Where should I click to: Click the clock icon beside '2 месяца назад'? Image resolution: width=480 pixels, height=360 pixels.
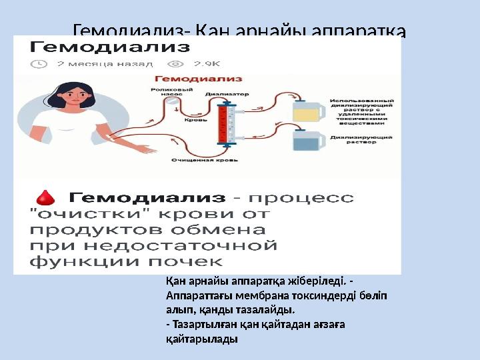point(41,64)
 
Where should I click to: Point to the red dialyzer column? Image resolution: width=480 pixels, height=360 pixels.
point(223,123)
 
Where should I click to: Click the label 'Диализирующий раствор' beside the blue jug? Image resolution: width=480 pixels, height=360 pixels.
point(361,138)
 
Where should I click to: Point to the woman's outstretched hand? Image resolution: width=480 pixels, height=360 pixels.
point(143,148)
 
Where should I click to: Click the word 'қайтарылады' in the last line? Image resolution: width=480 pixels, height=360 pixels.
point(201,339)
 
